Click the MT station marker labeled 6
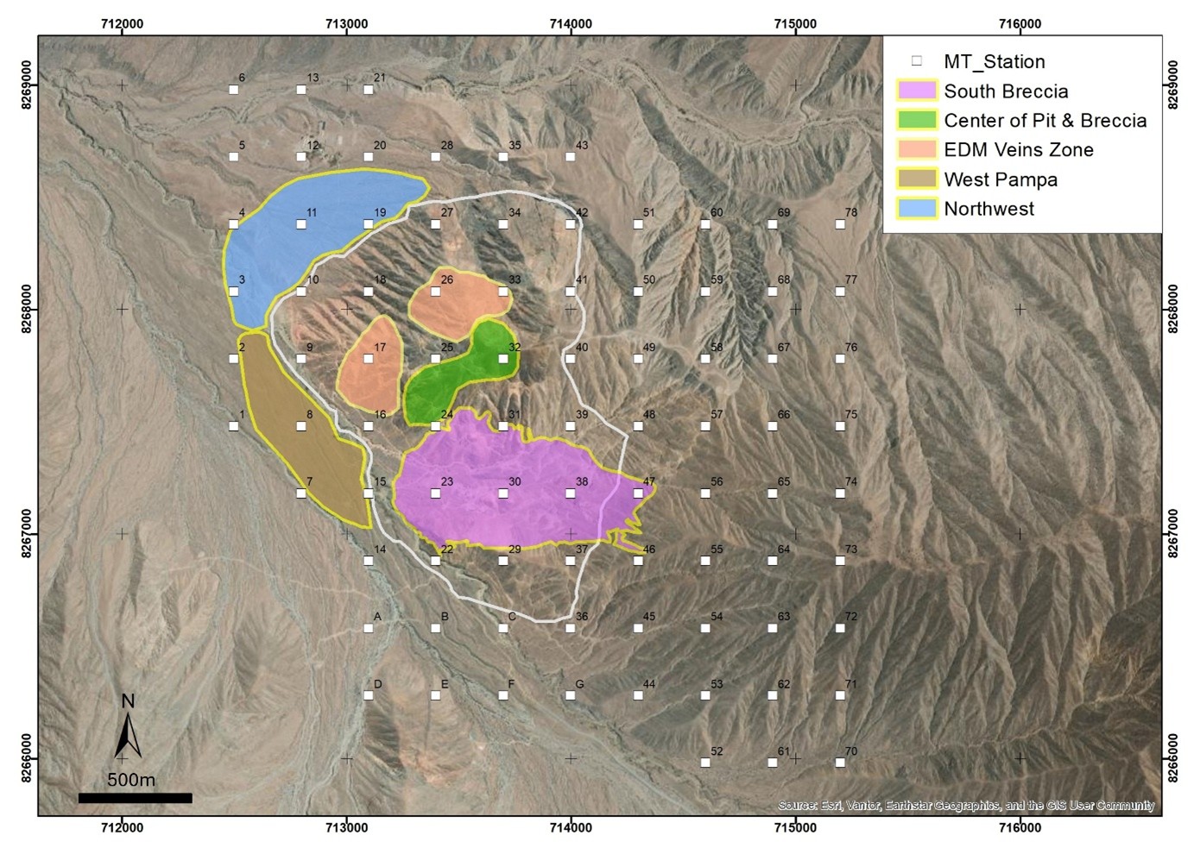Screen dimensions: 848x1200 point(233,90)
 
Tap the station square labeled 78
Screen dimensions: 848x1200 point(840,224)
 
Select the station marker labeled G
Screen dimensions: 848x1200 point(570,695)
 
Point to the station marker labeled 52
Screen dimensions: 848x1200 point(705,763)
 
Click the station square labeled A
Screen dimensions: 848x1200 point(369,628)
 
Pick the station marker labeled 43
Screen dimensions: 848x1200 point(570,157)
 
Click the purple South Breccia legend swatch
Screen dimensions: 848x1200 point(917,91)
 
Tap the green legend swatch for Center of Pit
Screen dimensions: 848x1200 point(917,120)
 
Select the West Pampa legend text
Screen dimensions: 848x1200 point(1001,179)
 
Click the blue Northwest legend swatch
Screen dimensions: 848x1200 point(917,209)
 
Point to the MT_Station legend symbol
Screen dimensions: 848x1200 point(917,61)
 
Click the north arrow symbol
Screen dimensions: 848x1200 point(128,732)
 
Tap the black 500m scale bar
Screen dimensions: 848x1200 point(135,798)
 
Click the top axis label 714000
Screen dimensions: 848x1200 point(571,24)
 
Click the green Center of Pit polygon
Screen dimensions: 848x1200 point(458,380)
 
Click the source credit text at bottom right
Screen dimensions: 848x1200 point(965,805)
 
